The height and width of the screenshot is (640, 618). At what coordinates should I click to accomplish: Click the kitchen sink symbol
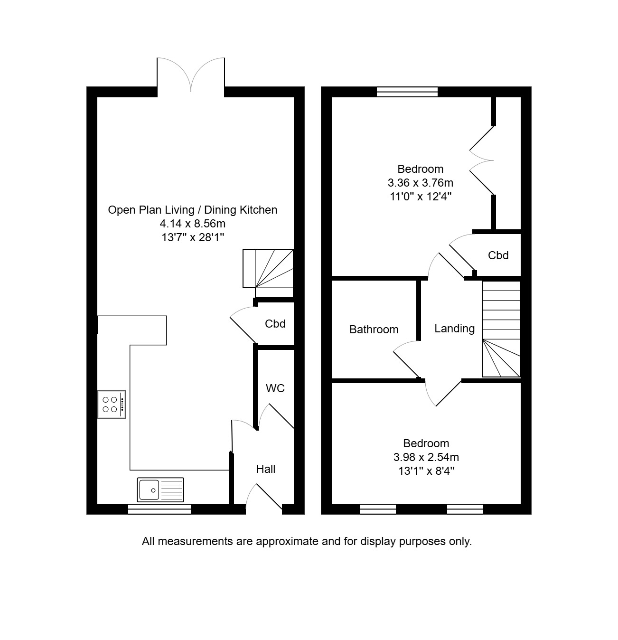tap(160, 489)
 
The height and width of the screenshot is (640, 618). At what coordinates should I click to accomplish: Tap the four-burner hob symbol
tap(112, 405)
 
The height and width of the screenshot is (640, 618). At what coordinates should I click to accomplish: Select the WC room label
tap(275, 388)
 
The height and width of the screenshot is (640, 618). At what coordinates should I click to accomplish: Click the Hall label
tap(266, 469)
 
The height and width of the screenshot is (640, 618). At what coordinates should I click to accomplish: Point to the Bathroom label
tap(374, 329)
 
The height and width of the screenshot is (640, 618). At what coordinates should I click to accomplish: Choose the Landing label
tap(454, 329)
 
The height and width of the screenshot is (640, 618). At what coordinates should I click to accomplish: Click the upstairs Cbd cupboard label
tap(498, 255)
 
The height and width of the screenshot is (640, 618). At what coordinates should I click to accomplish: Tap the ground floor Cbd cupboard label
tap(275, 324)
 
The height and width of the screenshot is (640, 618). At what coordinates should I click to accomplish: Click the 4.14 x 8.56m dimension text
tap(192, 224)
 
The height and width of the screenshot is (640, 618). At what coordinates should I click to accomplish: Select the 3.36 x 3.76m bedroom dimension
tap(420, 183)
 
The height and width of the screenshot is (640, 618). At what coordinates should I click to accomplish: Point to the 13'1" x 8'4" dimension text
tap(426, 471)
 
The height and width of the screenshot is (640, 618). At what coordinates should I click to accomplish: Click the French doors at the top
tap(191, 75)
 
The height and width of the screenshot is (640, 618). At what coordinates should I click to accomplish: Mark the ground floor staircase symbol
tap(268, 269)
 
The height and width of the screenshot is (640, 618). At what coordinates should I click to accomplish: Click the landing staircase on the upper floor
tap(501, 329)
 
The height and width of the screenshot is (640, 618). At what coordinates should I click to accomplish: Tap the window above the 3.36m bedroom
tap(407, 92)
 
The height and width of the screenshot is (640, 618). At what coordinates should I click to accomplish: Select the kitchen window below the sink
tap(159, 509)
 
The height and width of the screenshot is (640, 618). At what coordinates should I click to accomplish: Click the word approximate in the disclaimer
tap(287, 541)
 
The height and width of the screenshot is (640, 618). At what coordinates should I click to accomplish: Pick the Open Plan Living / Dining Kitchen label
tap(192, 210)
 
